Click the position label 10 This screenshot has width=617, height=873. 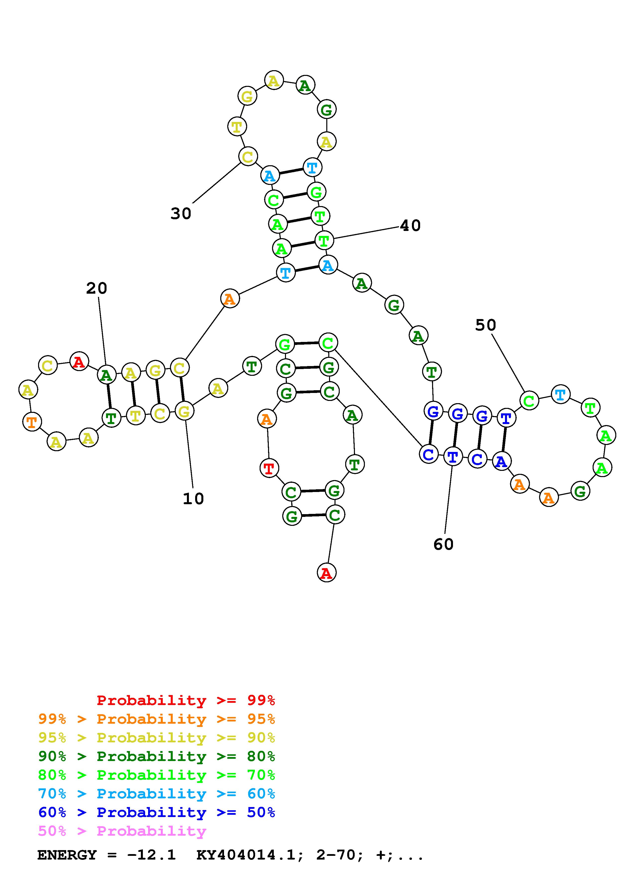[193, 498]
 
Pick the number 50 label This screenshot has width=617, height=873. [486, 325]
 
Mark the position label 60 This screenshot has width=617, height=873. [443, 545]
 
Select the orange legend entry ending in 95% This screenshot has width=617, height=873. [157, 719]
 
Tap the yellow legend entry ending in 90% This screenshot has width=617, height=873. [157, 738]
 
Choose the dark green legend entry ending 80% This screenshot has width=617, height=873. [157, 756]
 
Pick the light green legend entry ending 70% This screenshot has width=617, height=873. [157, 775]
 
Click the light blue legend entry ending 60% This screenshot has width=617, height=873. [157, 794]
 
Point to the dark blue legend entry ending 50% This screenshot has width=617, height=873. [157, 812]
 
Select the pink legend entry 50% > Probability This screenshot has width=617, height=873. [122, 831]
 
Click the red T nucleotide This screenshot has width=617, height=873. [269, 468]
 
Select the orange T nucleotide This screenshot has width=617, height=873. [32, 422]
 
